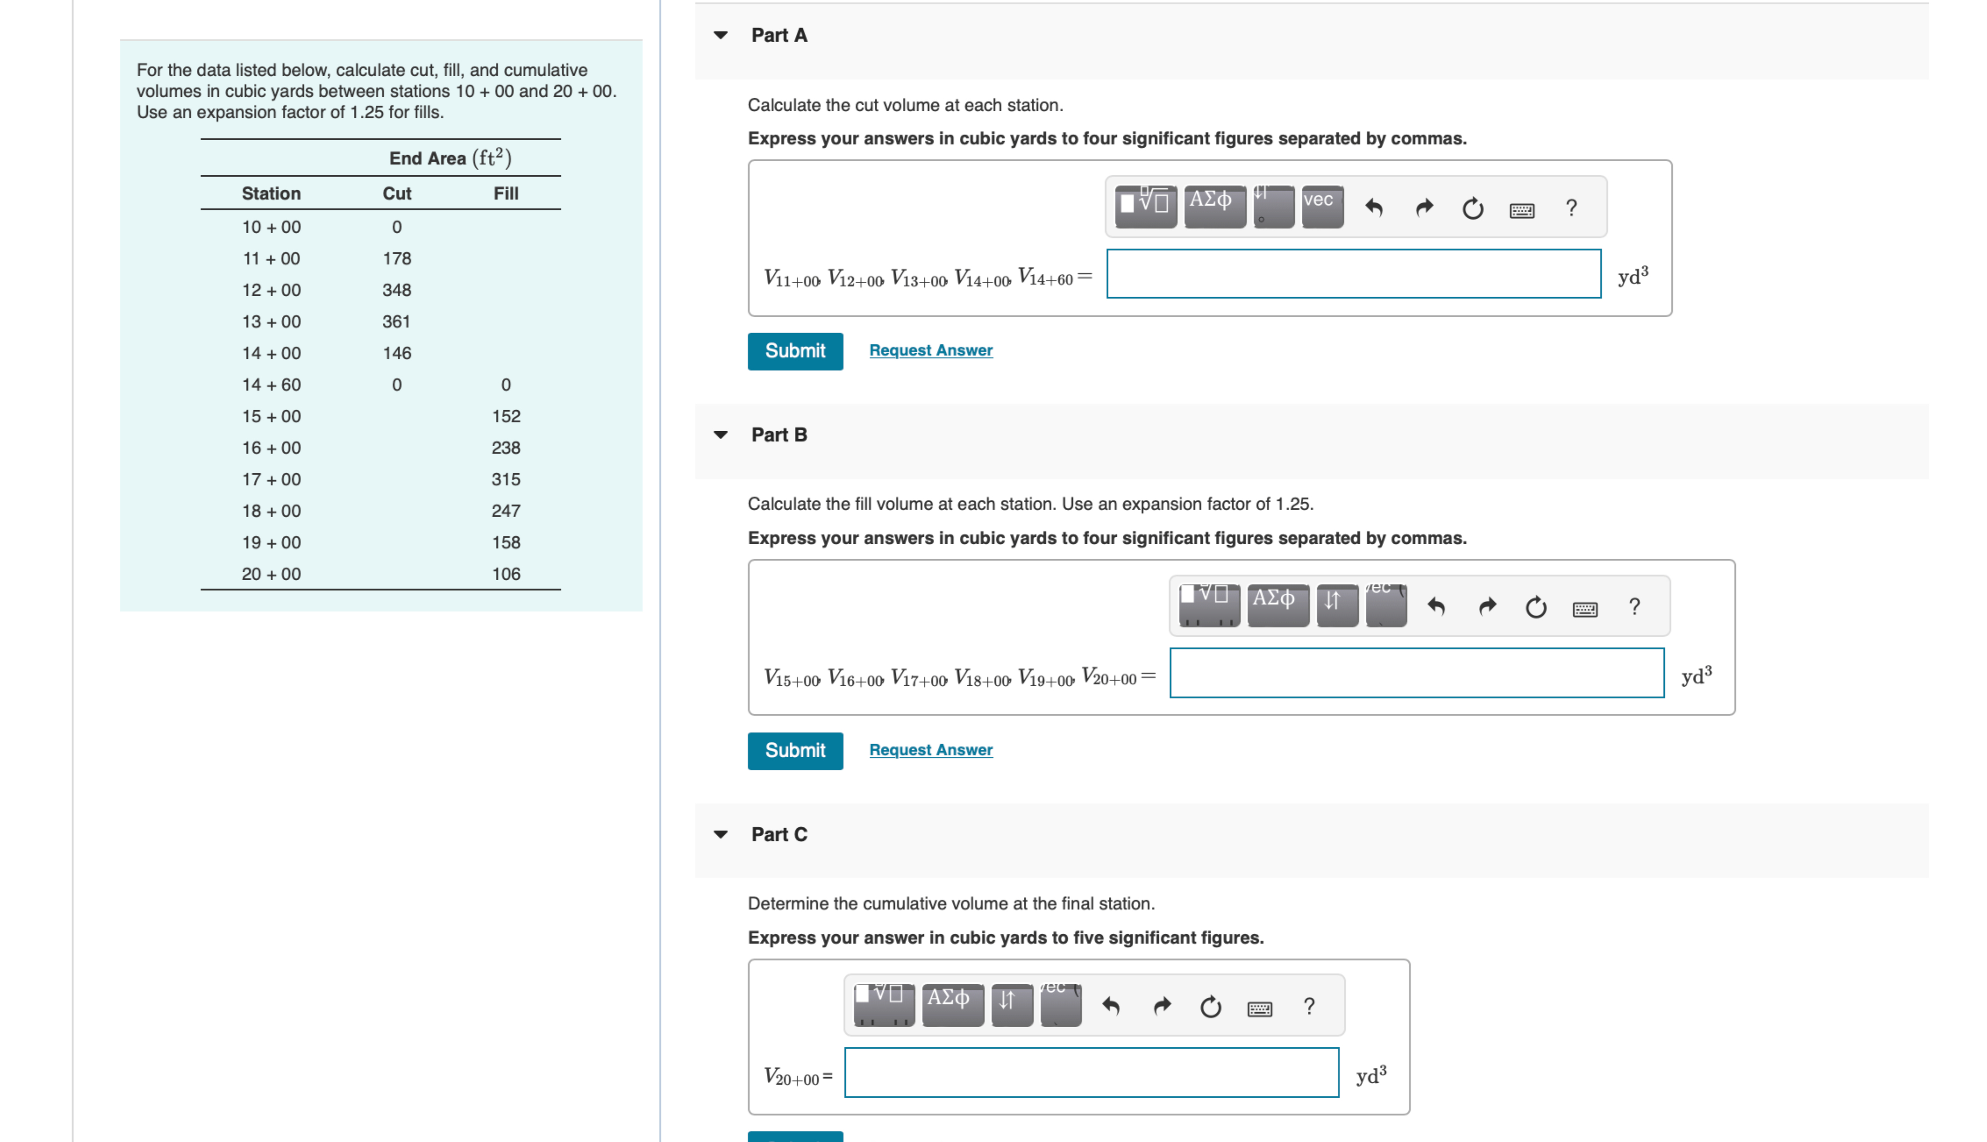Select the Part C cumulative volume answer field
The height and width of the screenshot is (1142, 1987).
point(1091,1072)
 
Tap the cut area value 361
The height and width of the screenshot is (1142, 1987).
point(396,322)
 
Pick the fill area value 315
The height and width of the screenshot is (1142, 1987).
point(506,479)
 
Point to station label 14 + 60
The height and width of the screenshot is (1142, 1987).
point(271,385)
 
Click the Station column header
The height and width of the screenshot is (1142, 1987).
point(271,194)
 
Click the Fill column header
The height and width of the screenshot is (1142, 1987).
point(506,194)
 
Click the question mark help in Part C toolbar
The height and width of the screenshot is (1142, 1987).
point(1308,1006)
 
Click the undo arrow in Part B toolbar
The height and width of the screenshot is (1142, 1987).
point(1436,606)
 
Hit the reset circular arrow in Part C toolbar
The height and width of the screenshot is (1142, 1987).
point(1210,1006)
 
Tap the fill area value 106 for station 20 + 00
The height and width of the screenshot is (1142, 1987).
point(506,574)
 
